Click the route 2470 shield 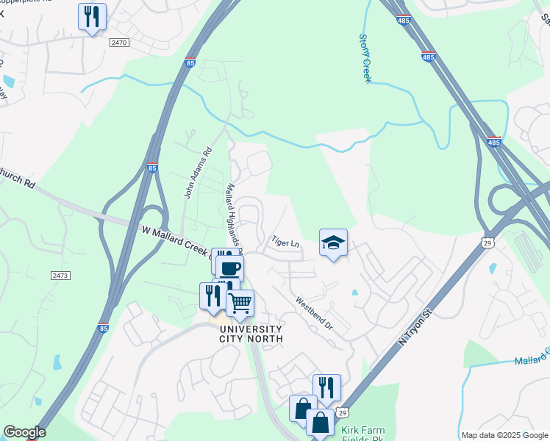tap(118, 43)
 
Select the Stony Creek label tap(365, 58)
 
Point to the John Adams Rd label tap(197, 173)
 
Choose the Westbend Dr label tap(314, 313)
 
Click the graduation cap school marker tap(333, 242)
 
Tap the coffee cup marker tap(229, 268)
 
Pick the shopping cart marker tap(240, 302)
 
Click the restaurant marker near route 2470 tap(92, 16)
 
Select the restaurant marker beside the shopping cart tap(213, 295)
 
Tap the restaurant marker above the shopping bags tap(326, 387)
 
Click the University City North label tap(250, 333)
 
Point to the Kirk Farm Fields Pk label tap(363, 434)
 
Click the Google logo tap(24, 432)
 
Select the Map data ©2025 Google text tap(504, 435)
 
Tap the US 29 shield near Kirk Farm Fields tap(343, 415)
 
